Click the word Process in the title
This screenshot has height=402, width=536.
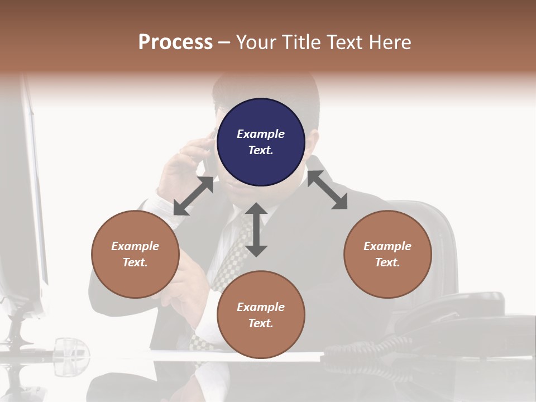[175, 42]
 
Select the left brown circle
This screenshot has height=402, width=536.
[135, 254]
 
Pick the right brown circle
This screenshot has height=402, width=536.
[387, 254]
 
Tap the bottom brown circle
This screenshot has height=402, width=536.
[261, 315]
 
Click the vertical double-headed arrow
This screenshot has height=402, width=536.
[256, 229]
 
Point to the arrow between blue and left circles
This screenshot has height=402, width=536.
[193, 196]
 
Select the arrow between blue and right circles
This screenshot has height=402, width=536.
[327, 190]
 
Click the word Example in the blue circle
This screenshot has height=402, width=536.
[261, 134]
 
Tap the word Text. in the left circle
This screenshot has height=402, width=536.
[135, 262]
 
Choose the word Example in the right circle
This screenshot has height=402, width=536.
[387, 246]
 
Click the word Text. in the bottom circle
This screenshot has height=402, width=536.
[261, 323]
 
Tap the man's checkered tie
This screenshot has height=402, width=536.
[229, 262]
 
